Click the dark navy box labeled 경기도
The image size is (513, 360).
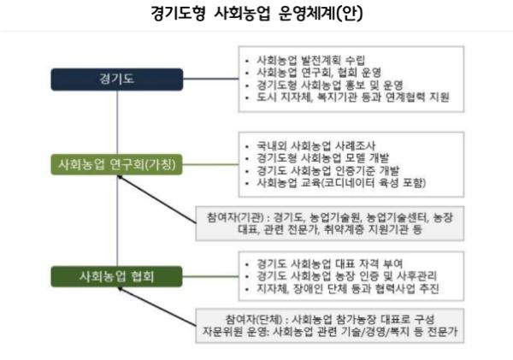[x=117, y=80]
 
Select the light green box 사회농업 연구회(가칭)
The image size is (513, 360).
[x=116, y=164]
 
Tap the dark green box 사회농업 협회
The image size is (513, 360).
[x=116, y=276]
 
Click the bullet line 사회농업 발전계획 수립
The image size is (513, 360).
[x=310, y=60]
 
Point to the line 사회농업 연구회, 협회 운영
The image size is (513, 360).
[x=319, y=73]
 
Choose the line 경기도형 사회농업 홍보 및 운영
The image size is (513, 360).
[x=330, y=85]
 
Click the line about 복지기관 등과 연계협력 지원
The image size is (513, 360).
[x=353, y=97]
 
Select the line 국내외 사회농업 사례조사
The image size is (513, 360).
[x=316, y=145]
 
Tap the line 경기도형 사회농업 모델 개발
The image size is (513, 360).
[x=323, y=158]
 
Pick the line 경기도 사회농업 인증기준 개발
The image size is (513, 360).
[x=327, y=170]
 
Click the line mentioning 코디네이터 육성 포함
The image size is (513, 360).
[x=341, y=183]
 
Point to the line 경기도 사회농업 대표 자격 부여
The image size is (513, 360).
[x=329, y=263]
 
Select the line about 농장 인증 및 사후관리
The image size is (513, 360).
[x=347, y=276]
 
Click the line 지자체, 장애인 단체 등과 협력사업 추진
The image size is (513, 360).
[x=347, y=289]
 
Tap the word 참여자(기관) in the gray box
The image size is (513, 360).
[x=235, y=217]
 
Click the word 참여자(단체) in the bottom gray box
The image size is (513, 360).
[x=254, y=319]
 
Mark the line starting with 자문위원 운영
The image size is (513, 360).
[x=330, y=332]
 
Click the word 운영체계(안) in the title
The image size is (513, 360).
[x=321, y=14]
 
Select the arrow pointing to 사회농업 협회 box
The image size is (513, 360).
[x=157, y=307]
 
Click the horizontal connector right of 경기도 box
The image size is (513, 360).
[x=211, y=79]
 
